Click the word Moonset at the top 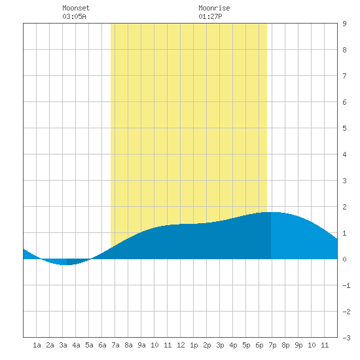(x=76, y=8)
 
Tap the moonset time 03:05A (x=74, y=16)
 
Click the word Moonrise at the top (x=214, y=8)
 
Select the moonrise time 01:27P (x=210, y=16)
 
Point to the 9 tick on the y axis (x=344, y=24)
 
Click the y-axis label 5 (x=344, y=128)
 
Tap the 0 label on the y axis (x=344, y=259)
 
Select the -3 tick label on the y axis (x=346, y=338)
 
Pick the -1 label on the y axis (x=346, y=285)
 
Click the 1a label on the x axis (x=37, y=345)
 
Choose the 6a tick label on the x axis (x=102, y=345)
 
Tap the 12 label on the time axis (x=181, y=345)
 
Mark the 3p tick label (x=220, y=345)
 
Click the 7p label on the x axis (x=272, y=345)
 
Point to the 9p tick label (x=298, y=345)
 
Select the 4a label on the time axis (x=76, y=345)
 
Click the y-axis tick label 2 (x=344, y=207)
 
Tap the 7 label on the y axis (x=344, y=76)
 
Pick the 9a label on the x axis (x=141, y=345)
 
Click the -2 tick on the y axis (x=346, y=312)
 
